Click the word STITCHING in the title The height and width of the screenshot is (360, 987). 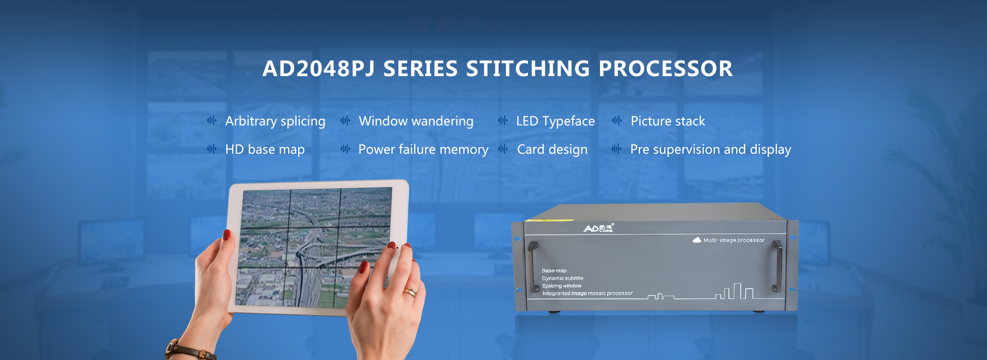pos(528,69)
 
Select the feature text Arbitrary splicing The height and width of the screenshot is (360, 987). pos(275,121)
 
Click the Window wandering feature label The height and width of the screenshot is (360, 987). pos(416,121)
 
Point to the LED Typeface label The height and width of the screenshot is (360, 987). pos(555,121)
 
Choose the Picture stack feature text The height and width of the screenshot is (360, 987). pos(668,121)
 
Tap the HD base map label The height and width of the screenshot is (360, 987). pos(265,149)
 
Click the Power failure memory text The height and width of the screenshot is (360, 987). pos(423,149)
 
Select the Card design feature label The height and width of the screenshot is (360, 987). pos(552,149)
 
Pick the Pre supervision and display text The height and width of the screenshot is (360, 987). pos(710,149)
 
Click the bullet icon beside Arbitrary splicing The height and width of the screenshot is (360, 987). pos(211,121)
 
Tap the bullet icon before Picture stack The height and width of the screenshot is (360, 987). pos(616,121)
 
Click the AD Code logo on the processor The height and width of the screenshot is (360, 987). pos(598,228)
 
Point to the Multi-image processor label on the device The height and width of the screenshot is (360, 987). pos(734,240)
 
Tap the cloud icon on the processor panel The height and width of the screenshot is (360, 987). pos(697,240)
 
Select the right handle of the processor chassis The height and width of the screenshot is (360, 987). pos(777,266)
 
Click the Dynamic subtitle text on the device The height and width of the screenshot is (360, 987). pos(562,278)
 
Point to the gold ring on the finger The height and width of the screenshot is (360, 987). pos(410,292)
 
